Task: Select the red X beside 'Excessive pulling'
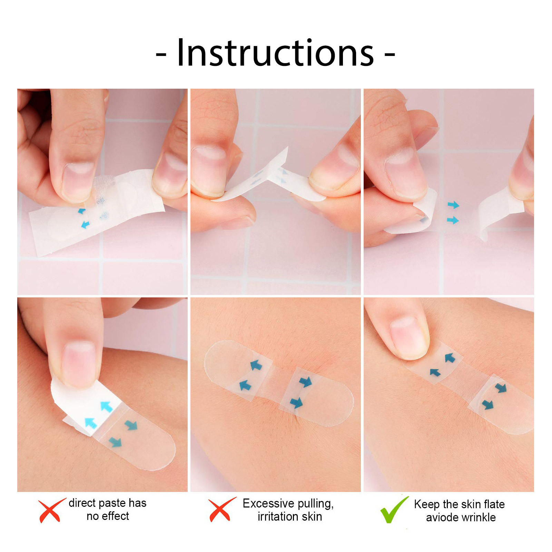coord(221,509)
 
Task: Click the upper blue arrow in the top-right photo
coord(453,205)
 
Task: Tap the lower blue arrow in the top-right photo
coord(453,220)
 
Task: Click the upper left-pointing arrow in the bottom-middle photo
coord(256,365)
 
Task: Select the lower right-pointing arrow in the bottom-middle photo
coord(296,402)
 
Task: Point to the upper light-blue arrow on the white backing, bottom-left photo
coord(107,406)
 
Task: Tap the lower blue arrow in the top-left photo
coord(85,225)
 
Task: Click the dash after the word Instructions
coord(390,54)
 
